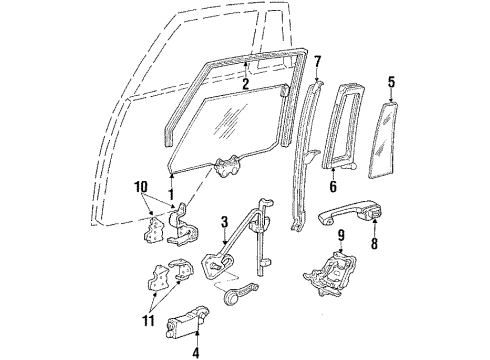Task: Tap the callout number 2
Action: click(x=246, y=86)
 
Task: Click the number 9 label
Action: click(x=340, y=237)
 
